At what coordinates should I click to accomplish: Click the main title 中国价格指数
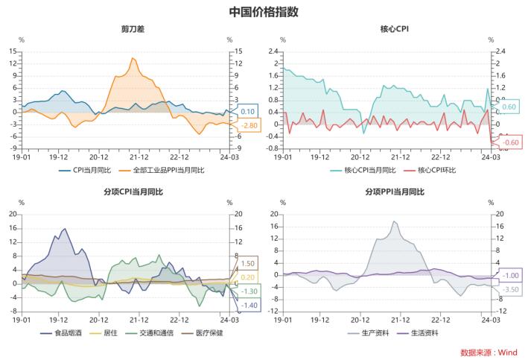point(264,12)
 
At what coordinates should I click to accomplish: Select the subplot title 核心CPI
point(395,29)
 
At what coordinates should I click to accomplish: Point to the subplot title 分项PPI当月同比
point(395,192)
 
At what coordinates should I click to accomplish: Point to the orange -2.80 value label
point(249,126)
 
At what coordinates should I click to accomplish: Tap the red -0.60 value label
point(510,142)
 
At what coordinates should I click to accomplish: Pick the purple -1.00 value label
point(511,275)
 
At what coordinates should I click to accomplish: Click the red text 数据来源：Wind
point(489,353)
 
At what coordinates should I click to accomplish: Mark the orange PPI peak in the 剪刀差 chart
point(133,58)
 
